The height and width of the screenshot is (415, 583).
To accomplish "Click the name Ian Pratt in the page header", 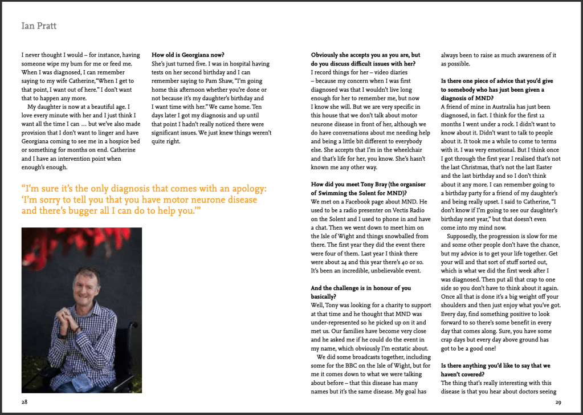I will (39, 26).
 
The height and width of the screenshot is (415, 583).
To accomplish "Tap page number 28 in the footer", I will (25, 401).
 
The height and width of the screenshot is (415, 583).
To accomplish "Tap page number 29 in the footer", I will (558, 401).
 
